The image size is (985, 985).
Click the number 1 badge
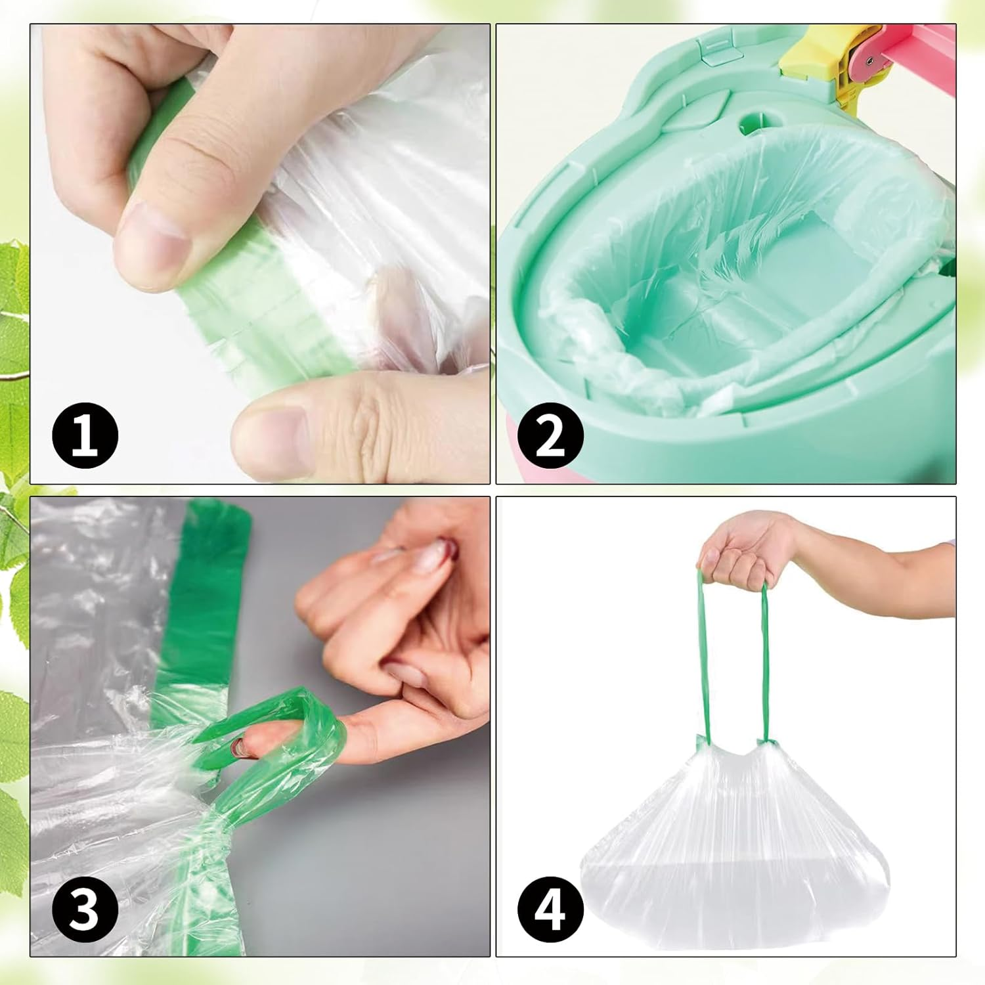pyautogui.click(x=85, y=435)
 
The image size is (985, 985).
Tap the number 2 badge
pyautogui.click(x=550, y=435)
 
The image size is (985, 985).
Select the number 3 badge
pyautogui.click(x=85, y=909)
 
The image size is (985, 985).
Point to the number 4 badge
pyautogui.click(x=550, y=909)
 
